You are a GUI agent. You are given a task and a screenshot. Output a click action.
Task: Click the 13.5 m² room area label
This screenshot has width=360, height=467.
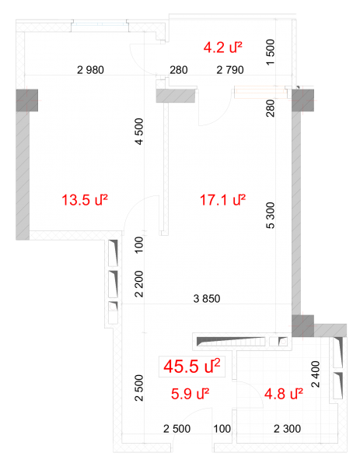84,199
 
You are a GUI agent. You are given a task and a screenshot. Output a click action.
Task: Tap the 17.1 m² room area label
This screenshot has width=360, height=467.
222,199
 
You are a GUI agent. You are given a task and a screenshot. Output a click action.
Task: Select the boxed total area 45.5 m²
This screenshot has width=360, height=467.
192,366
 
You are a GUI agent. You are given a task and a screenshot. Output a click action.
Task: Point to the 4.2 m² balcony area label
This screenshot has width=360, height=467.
222,47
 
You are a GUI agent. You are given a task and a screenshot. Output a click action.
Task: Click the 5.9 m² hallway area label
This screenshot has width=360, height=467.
190,394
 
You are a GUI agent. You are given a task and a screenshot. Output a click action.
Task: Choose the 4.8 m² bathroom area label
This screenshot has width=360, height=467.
284,394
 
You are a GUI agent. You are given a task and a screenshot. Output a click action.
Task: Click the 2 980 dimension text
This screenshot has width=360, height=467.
90,70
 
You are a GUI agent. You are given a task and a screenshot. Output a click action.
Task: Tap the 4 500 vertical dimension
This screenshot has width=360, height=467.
139,132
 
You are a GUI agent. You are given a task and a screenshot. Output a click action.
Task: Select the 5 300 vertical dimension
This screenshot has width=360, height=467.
271,216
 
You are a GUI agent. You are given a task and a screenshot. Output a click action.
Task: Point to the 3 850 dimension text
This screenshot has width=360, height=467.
207,298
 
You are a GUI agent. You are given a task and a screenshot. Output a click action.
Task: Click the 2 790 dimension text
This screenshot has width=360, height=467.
230,70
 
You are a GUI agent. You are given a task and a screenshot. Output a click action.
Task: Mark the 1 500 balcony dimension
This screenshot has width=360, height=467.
271,52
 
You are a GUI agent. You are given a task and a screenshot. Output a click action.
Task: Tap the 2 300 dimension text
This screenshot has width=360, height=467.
287,429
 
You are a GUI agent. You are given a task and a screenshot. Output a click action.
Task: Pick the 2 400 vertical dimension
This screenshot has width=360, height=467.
316,374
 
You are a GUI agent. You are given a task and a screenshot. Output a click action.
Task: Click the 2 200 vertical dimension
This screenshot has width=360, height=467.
139,284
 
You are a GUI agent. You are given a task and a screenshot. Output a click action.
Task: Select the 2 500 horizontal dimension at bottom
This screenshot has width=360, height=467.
177,429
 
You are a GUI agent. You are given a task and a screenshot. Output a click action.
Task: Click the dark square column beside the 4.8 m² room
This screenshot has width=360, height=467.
303,326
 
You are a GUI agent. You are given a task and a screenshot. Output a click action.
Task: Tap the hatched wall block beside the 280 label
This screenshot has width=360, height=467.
176,96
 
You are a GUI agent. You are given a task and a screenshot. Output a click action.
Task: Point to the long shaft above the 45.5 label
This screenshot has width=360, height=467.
231,342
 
